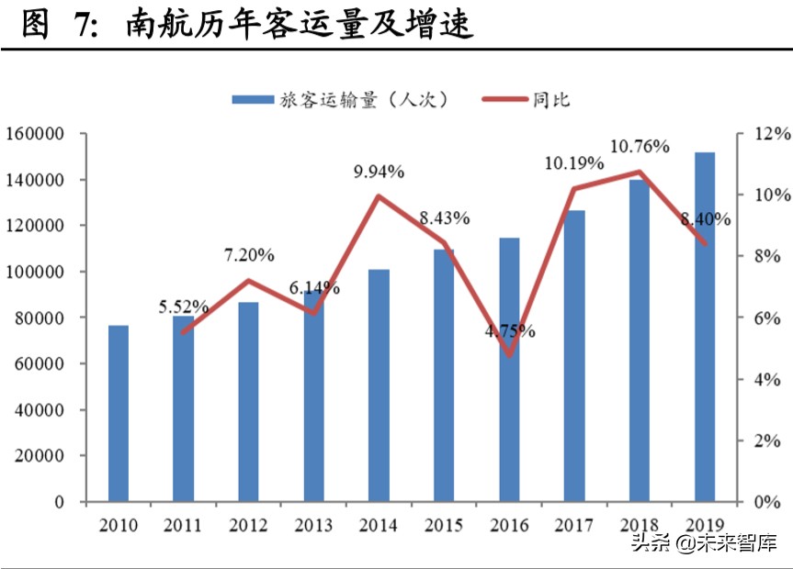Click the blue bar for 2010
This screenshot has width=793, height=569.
119,413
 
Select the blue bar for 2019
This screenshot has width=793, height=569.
705,327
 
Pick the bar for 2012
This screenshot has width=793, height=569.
249,402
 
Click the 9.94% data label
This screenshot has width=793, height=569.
380,172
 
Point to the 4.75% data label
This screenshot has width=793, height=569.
510,330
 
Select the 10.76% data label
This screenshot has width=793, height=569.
640,146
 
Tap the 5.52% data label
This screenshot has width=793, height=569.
184,307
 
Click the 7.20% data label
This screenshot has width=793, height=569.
249,255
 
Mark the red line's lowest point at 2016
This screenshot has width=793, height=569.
510,354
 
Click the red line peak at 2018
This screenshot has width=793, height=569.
640,172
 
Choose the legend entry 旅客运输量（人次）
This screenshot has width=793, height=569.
340,100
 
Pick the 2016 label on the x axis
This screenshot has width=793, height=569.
510,526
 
